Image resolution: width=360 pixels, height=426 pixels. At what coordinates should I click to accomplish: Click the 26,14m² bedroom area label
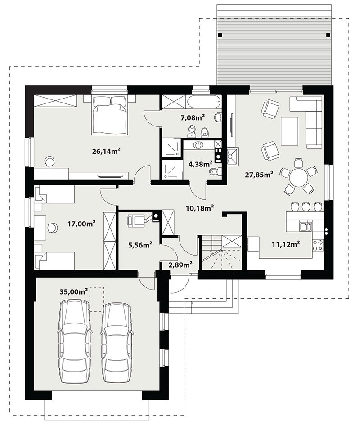click(106, 151)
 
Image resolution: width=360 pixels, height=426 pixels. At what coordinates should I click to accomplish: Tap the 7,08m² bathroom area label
click(193, 117)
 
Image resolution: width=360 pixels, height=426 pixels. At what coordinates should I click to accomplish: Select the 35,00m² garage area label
click(73, 292)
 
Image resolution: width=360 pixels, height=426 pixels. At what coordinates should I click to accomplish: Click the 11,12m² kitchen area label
click(286, 244)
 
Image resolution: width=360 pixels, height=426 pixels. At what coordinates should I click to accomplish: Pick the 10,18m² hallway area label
click(200, 208)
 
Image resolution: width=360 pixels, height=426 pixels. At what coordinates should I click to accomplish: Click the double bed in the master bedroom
click(110, 114)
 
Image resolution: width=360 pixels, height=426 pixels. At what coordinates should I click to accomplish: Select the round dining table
click(299, 177)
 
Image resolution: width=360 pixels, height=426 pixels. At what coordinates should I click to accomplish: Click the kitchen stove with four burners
click(318, 245)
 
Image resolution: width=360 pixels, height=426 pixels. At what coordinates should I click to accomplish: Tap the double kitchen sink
click(306, 227)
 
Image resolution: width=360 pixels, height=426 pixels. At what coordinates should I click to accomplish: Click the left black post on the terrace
click(220, 35)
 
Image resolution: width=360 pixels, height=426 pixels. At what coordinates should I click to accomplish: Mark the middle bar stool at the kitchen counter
click(306, 206)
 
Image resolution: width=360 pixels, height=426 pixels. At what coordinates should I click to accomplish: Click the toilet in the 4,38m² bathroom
click(215, 172)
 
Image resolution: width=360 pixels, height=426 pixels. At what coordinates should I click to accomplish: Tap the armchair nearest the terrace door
click(270, 108)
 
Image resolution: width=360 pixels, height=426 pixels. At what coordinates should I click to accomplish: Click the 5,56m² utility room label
click(140, 245)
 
